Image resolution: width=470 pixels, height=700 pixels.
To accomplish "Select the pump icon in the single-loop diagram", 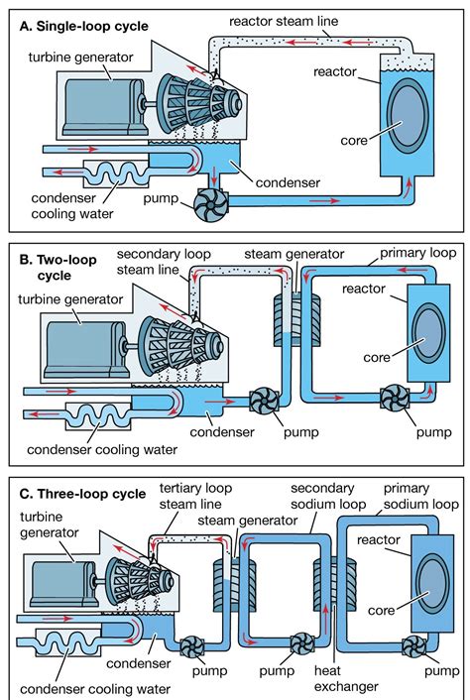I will (213, 200).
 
